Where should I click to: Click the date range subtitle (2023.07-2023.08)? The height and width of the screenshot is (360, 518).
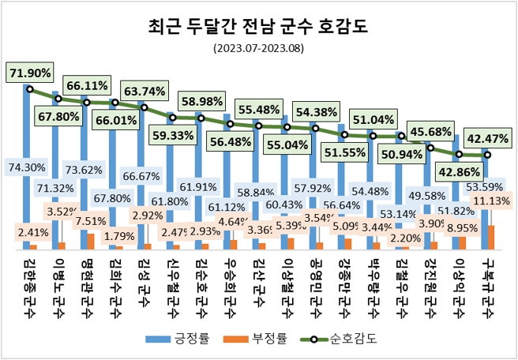point(258,49)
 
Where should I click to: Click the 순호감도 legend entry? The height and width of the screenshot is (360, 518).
point(340,339)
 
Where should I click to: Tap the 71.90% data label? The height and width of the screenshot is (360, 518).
point(30,73)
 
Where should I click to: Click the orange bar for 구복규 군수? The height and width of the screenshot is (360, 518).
point(491,237)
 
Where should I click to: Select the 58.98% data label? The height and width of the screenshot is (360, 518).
point(201,102)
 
